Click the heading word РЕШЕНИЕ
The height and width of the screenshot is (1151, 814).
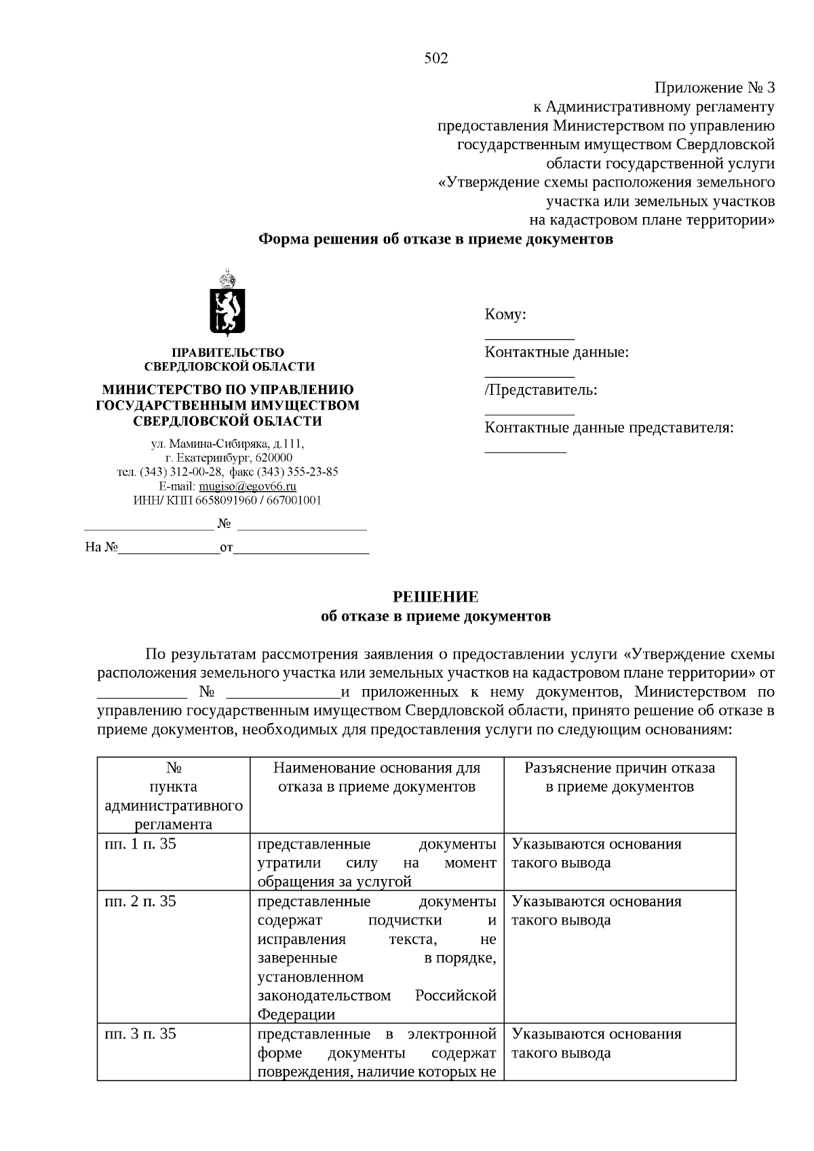coord(436,597)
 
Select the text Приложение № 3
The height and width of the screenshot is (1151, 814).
coord(714,87)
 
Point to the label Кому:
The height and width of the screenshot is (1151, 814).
coord(505,315)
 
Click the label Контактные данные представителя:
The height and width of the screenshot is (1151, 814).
coord(609,428)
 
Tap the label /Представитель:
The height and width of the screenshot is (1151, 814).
coord(541,390)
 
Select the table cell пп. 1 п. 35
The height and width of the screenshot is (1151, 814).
coord(140,844)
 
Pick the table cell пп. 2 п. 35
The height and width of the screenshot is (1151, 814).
coord(140,901)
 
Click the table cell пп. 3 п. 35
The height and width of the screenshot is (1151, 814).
coord(140,1034)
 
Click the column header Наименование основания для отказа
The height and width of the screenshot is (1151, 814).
coord(376,777)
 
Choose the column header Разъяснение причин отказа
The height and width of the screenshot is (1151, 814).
coord(619,777)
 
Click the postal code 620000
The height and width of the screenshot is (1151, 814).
coord(274,458)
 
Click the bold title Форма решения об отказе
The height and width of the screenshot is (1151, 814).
coord(436,239)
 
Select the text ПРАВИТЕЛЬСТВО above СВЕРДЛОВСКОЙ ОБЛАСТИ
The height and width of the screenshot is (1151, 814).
coord(228,353)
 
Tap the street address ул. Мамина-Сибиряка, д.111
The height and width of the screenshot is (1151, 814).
coord(228,444)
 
